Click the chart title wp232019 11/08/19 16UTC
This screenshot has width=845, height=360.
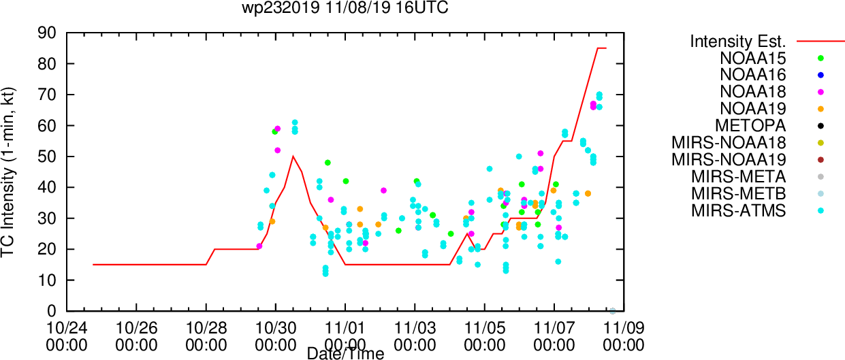click(345, 7)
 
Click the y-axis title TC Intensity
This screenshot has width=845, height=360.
click(7, 200)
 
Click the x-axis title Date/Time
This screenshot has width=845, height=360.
click(345, 354)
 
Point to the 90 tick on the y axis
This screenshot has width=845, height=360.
click(47, 33)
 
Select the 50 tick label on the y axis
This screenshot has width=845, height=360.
click(47, 157)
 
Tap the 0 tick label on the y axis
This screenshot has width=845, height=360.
click(52, 311)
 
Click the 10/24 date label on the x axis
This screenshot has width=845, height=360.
click(67, 328)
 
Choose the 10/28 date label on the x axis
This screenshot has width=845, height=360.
click(206, 328)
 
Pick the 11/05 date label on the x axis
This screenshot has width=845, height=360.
click(484, 328)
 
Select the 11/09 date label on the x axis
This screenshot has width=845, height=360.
click(624, 328)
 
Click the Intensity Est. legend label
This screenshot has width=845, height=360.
click(738, 42)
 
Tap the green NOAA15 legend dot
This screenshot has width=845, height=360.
click(820, 58)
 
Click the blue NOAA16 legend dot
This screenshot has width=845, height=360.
click(820, 75)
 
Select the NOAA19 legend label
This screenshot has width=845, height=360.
click(753, 109)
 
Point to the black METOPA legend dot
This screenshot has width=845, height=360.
click(820, 126)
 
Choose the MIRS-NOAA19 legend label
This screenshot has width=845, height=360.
click(729, 160)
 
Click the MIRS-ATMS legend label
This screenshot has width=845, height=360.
click(739, 211)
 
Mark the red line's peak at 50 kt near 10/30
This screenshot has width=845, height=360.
click(293, 157)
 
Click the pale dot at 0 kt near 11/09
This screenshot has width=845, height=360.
click(613, 311)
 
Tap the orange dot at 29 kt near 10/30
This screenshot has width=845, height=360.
click(272, 221)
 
